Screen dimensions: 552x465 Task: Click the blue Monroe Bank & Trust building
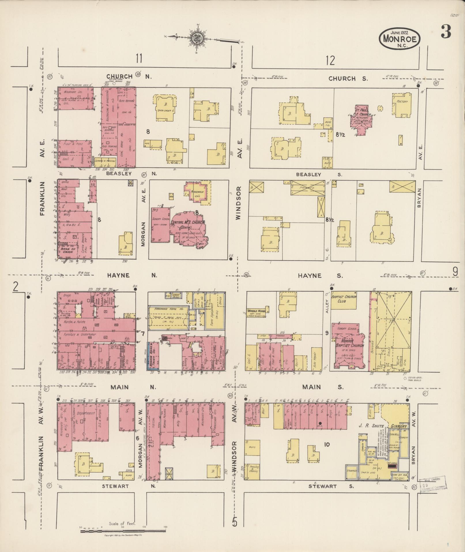coord(153,356)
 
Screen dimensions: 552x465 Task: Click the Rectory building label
coord(402,102)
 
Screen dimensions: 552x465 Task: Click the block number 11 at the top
coord(139,59)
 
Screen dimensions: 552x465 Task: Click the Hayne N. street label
coord(132,275)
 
